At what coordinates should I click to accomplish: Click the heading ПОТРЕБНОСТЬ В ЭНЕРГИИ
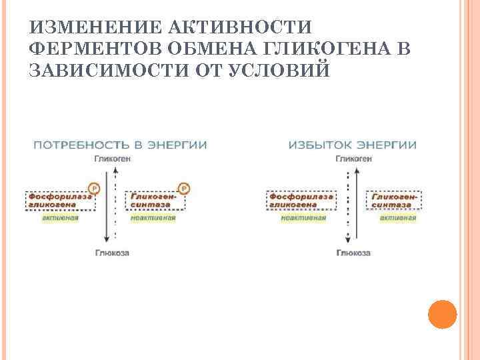(x=120, y=145)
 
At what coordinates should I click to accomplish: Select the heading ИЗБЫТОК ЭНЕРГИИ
(x=352, y=145)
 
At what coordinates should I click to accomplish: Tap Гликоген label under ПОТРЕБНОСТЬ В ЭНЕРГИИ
(x=112, y=159)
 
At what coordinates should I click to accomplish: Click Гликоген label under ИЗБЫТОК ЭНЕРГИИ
(x=354, y=159)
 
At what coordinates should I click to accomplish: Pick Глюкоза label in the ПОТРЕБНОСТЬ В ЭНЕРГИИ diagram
(x=112, y=253)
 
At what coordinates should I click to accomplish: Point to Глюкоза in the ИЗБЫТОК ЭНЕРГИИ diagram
(x=354, y=253)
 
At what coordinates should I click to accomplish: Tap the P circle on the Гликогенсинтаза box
(x=184, y=189)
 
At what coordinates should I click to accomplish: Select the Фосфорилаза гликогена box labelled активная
(x=61, y=201)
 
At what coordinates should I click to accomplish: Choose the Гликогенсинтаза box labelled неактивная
(x=155, y=201)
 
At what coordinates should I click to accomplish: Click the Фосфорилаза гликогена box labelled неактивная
(x=301, y=201)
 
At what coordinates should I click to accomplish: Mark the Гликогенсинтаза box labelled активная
(x=394, y=201)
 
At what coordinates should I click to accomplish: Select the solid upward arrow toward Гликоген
(x=357, y=207)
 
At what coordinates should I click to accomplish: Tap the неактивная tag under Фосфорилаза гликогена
(x=303, y=217)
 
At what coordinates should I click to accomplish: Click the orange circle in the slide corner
(x=441, y=314)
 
